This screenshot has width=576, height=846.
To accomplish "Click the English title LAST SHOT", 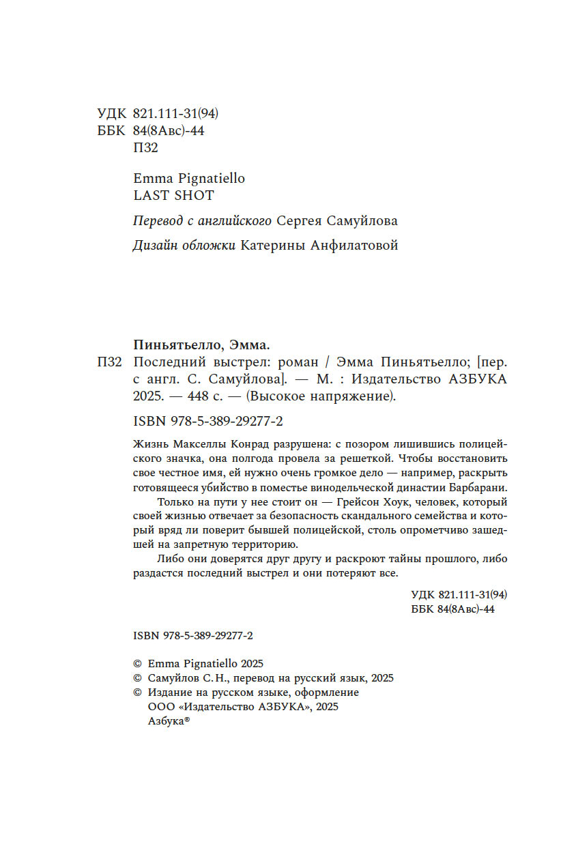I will pos(174,195).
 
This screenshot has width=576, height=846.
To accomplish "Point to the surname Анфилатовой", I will pos(353,246).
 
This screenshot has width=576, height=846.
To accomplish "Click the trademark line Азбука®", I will pos(169,723).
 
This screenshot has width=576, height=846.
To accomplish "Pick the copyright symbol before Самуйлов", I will pos(136,678).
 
